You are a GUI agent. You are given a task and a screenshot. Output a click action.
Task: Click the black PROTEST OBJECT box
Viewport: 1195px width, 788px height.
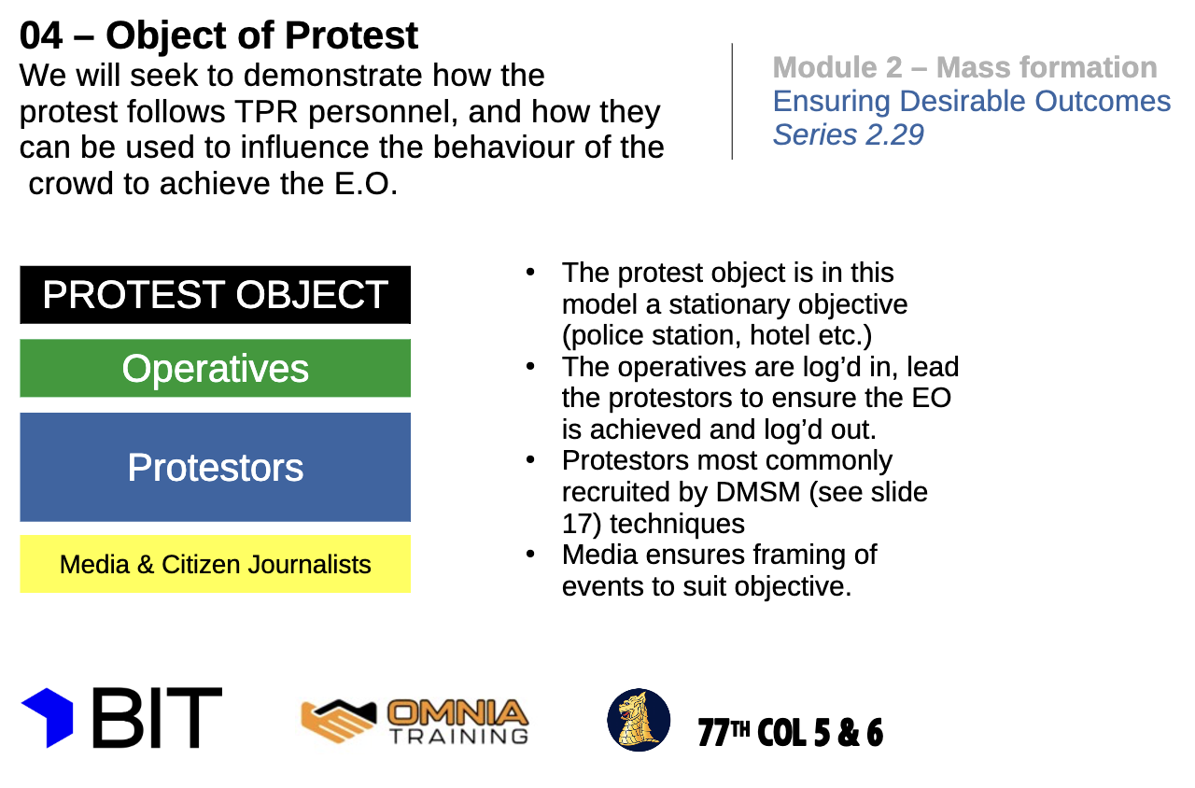click(x=215, y=294)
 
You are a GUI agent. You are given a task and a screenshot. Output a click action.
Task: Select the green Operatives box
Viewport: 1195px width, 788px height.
click(x=215, y=368)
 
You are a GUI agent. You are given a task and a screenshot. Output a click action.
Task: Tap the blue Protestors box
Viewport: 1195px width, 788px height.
click(x=215, y=467)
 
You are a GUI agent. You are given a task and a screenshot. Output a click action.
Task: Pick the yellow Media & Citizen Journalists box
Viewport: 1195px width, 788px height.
click(x=215, y=564)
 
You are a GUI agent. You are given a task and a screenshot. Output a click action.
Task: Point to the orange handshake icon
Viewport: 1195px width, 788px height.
click(x=338, y=721)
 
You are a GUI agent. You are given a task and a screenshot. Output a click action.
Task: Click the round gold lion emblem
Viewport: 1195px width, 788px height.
click(x=639, y=720)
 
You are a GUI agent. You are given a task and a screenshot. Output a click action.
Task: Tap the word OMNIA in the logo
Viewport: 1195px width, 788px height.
click(x=457, y=712)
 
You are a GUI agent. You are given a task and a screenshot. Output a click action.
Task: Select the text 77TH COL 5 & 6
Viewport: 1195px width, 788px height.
click(x=790, y=733)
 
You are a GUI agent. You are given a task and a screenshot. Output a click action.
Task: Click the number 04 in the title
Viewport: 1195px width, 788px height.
click(x=41, y=35)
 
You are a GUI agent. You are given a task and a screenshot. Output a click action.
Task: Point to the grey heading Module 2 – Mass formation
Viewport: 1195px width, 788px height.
click(x=964, y=67)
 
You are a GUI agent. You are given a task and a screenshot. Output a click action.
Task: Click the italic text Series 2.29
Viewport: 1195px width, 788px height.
click(x=849, y=134)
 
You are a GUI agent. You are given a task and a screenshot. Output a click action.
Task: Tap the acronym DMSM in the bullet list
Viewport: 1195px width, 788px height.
click(x=757, y=492)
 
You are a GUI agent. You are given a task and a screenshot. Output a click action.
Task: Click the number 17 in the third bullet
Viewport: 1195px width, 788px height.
click(x=578, y=524)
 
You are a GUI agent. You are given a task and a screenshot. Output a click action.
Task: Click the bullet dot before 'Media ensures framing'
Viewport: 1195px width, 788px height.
click(x=530, y=555)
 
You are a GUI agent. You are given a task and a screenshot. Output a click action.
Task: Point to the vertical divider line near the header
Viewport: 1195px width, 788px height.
click(x=732, y=102)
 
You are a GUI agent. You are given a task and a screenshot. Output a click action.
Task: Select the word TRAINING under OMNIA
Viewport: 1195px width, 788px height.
click(x=458, y=737)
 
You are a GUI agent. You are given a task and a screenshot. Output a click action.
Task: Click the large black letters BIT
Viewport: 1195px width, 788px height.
click(x=157, y=718)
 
